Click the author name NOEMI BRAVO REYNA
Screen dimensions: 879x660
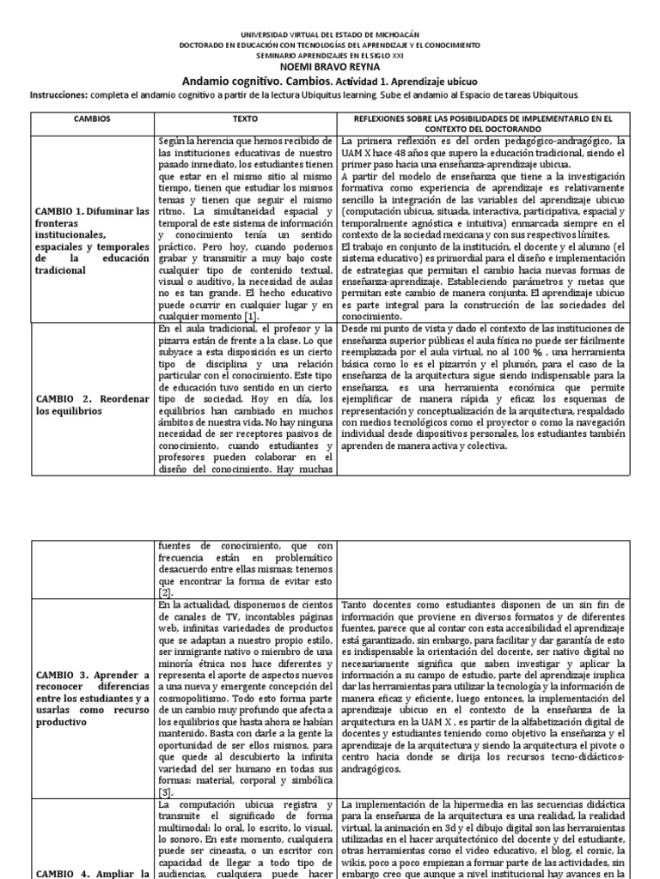click(x=330, y=65)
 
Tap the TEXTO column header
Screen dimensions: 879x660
click(x=246, y=121)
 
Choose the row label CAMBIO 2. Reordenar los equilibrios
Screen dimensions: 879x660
click(x=93, y=405)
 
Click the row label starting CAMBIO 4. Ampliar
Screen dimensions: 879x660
click(x=93, y=873)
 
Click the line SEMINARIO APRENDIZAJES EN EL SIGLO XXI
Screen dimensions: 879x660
click(x=330, y=54)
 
